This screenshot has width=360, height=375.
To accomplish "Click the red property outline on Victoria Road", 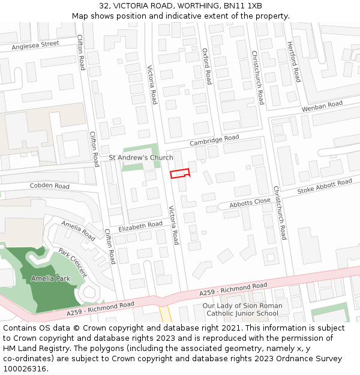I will point(180,174).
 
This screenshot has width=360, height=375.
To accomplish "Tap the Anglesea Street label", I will point(35,44).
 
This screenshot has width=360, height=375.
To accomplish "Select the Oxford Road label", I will point(207,66).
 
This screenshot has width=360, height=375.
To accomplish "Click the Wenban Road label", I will point(322,107).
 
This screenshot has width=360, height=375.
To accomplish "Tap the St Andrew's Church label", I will point(140,158).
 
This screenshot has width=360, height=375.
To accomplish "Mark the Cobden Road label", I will point(50,186).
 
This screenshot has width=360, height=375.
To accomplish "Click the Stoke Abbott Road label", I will point(325,187).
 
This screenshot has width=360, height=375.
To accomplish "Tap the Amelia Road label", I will point(78,231).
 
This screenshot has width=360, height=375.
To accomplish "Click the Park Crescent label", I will point(73,262).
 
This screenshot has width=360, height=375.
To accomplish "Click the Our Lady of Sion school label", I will point(243,310).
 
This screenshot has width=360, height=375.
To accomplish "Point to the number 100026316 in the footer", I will point(25,369).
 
